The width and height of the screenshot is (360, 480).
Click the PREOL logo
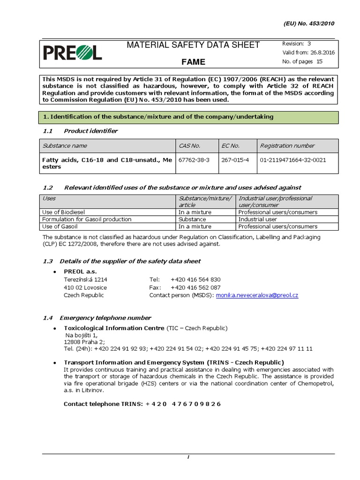[72, 53]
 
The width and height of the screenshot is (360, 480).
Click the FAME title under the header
[193, 62]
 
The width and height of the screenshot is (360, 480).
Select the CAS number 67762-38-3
[195, 160]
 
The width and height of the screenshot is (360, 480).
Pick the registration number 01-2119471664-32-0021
[292, 160]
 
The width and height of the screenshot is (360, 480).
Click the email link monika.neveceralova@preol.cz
[257, 295]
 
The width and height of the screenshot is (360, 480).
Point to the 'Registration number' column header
[287, 146]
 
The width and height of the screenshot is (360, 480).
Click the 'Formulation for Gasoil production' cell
[87, 219]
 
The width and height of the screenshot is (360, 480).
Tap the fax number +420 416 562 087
[195, 287]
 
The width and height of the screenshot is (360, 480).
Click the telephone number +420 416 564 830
[195, 279]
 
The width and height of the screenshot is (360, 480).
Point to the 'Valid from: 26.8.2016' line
[308, 52]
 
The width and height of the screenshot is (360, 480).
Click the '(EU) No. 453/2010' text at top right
[310, 24]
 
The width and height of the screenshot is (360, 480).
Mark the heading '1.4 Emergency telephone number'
[97, 318]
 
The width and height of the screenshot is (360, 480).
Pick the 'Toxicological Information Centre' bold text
[114, 328]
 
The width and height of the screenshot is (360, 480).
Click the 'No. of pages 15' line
[302, 61]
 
